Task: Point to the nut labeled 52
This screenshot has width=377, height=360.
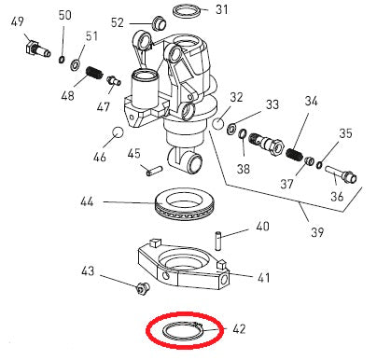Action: pyautogui.click(x=157, y=22)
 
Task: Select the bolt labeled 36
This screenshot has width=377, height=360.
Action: pyautogui.click(x=341, y=173)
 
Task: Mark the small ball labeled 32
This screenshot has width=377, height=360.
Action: pyautogui.click(x=217, y=122)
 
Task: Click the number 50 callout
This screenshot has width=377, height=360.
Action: pyautogui.click(x=64, y=16)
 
